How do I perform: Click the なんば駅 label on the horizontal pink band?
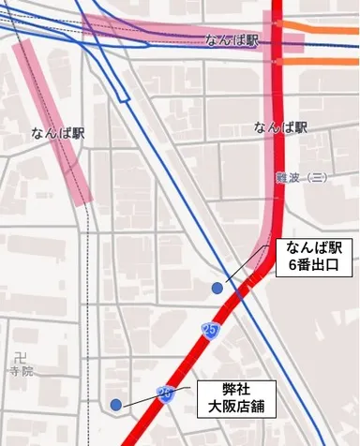[232, 40]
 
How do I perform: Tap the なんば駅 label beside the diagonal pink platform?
[58, 134]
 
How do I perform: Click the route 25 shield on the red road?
[211, 331]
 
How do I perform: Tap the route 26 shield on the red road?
[166, 394]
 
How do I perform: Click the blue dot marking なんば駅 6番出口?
[217, 289]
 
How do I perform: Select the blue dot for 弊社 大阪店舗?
[115, 405]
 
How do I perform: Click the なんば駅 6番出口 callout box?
[313, 257]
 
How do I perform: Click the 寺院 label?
[21, 372]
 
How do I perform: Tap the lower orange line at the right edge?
[328, 61]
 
